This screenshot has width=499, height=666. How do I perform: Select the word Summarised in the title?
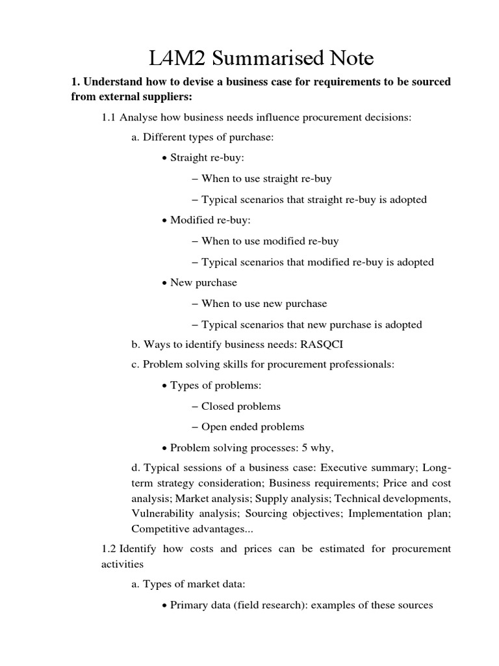tap(262, 59)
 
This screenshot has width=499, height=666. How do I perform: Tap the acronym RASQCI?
tap(322, 344)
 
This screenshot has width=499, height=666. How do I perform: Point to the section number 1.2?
tap(109, 548)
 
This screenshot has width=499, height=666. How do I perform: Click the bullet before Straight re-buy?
tap(164, 158)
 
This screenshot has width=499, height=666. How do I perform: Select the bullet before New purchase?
tap(164, 283)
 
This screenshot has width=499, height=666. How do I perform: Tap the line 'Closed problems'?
tap(240, 406)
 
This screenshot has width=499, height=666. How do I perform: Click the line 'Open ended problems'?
tap(252, 427)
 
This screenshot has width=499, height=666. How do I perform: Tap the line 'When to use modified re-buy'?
tap(270, 241)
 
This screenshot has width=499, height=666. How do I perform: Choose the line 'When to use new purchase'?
tap(264, 303)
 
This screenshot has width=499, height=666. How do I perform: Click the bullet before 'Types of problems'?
tap(164, 386)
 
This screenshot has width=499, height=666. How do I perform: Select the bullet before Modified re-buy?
tap(164, 220)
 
